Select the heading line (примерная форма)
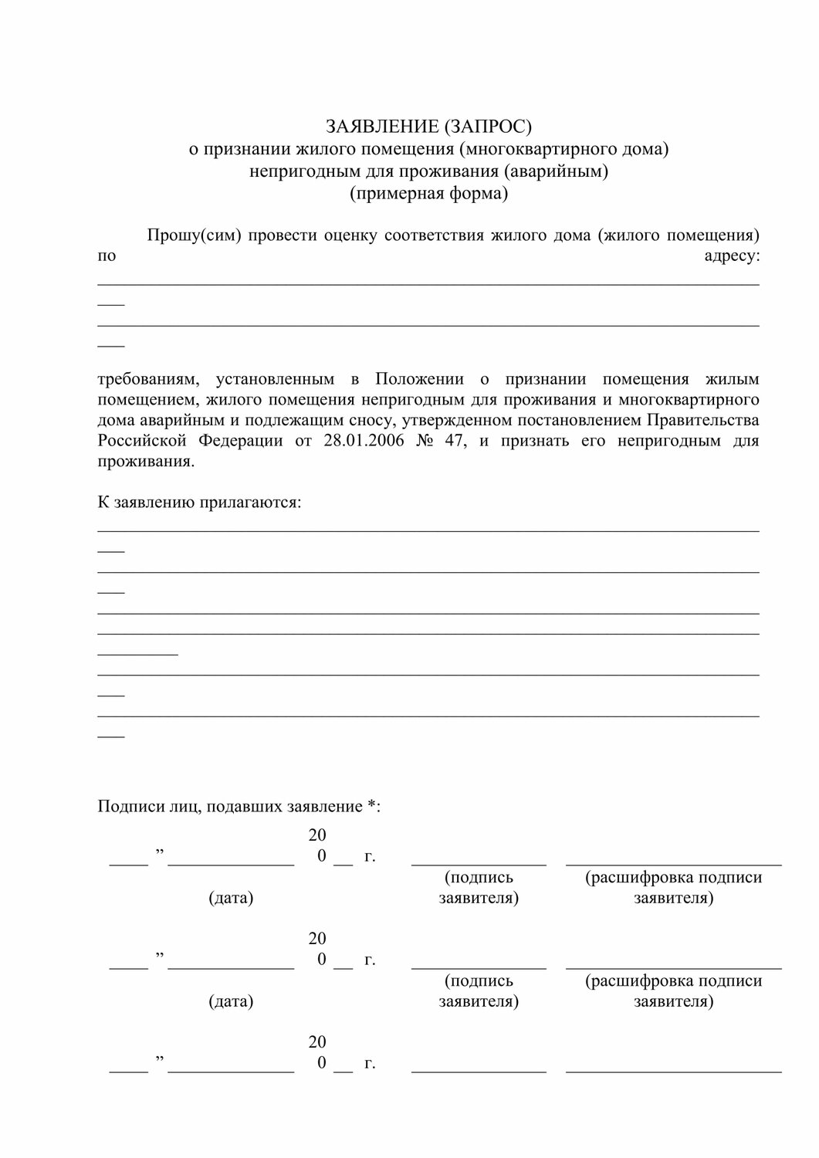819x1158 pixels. (428, 193)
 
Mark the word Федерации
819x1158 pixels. (242, 441)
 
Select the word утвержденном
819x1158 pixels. (457, 420)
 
